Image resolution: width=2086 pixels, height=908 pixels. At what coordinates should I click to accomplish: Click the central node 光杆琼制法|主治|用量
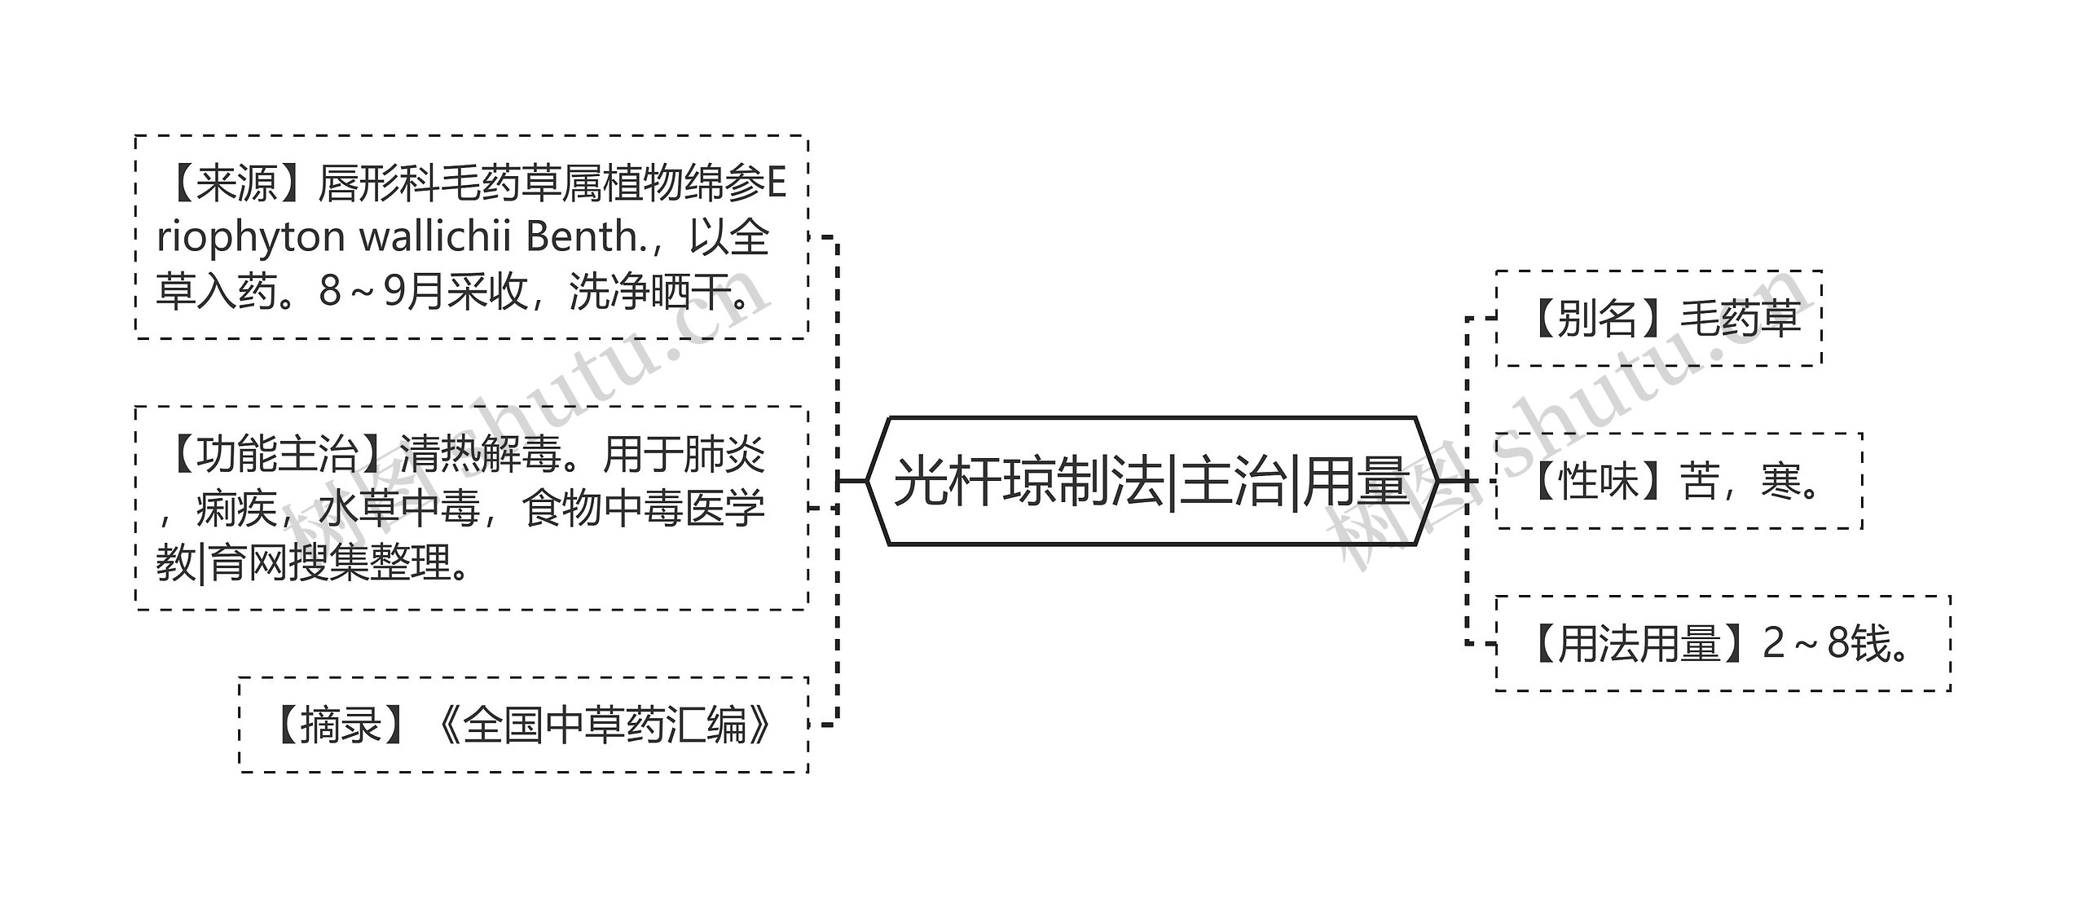click(1151, 481)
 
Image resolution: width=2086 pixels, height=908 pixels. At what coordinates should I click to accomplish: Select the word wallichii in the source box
click(436, 237)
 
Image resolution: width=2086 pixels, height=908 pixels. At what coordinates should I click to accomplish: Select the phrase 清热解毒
click(480, 454)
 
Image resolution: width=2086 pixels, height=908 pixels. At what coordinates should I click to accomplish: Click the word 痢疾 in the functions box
click(236, 509)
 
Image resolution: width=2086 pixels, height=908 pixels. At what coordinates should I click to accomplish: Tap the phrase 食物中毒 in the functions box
click(602, 509)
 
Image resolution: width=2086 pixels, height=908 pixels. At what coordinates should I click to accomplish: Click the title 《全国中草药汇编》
click(604, 725)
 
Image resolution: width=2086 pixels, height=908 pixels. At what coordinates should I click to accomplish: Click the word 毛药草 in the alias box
click(1740, 318)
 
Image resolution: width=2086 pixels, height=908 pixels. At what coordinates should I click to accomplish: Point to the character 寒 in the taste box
click(1780, 481)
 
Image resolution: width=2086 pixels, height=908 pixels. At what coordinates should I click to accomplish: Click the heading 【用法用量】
click(1638, 644)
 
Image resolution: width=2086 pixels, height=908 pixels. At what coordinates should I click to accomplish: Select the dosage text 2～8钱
click(1825, 644)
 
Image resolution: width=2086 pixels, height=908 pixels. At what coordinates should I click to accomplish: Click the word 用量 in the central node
click(1357, 481)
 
